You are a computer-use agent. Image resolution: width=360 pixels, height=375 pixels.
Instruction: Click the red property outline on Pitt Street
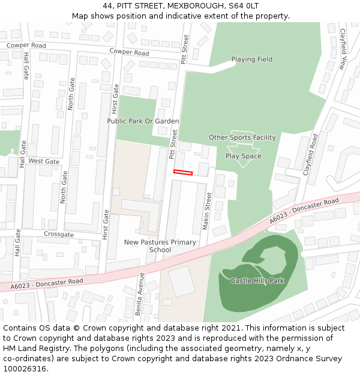coord(183,173)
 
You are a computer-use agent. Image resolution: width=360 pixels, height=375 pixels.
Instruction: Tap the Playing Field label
coord(252,59)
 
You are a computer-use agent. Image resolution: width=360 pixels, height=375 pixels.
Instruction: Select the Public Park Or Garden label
coord(143,121)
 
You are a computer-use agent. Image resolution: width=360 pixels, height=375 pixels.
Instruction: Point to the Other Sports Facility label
coord(242,138)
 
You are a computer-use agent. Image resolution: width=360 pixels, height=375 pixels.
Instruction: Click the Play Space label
coord(244,156)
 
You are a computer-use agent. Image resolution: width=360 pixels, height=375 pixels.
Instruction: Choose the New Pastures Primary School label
coord(160,246)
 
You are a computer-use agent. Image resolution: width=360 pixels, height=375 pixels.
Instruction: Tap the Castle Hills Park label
coord(257,281)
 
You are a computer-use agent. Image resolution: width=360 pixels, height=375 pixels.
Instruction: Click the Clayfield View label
coord(343,49)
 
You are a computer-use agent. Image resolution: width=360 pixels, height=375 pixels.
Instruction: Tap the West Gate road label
coord(44,161)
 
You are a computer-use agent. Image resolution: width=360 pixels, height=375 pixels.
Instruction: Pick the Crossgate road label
coord(59,234)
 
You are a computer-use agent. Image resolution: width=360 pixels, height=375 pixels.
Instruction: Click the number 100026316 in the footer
coord(25,369)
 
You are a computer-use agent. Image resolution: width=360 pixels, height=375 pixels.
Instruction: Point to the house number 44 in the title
coord(108,5)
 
